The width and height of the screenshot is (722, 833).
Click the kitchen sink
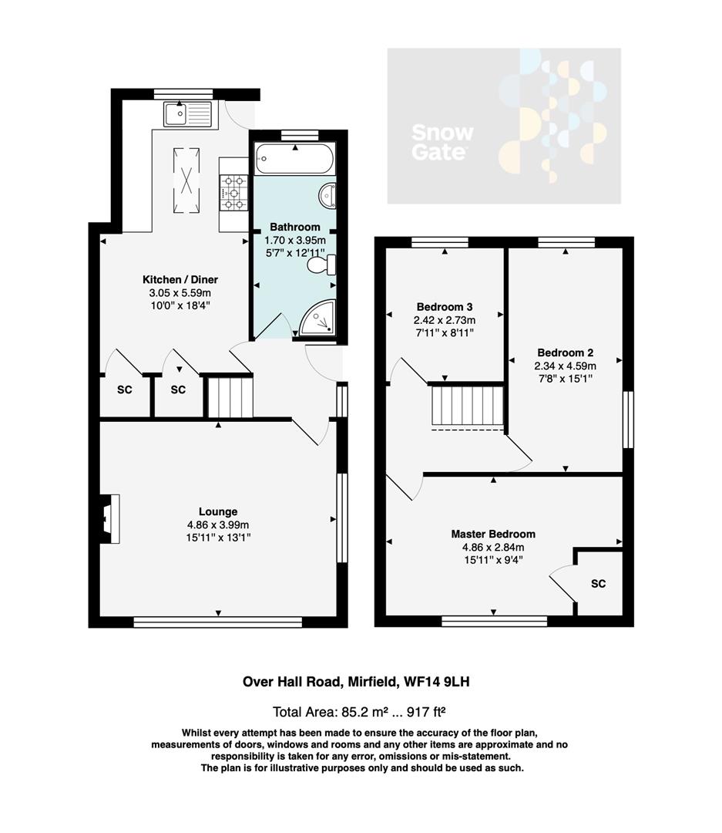point(187,114)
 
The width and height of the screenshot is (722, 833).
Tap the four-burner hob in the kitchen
point(233,193)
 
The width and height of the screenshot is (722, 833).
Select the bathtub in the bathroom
point(294,159)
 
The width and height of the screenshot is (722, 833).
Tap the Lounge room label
point(218,511)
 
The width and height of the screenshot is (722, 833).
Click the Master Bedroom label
point(493,534)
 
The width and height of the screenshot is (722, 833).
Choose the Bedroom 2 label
point(565,352)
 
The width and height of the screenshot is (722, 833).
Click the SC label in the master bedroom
point(598,584)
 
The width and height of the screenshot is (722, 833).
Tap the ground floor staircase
point(230,396)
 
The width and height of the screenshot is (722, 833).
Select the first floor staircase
point(466,406)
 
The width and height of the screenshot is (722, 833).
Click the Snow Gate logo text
point(442,142)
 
